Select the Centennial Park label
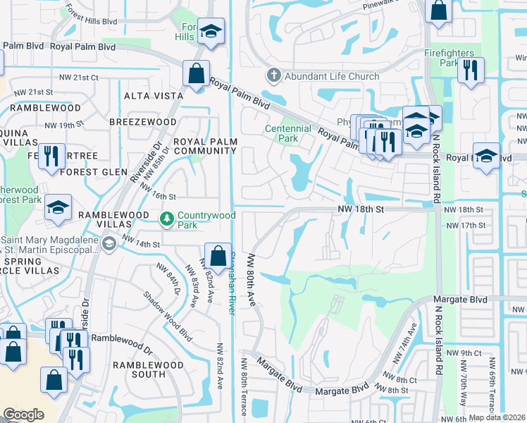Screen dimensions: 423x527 coord(287,133)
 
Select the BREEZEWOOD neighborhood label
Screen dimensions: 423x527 coord(143,122)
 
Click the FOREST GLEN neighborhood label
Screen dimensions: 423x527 coord(94,172)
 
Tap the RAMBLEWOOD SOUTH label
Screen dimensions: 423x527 coord(148,369)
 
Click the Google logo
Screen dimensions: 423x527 coord(23,415)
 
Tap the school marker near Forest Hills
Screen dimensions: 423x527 coord(210,32)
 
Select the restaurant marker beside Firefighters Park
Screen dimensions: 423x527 coord(471,70)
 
